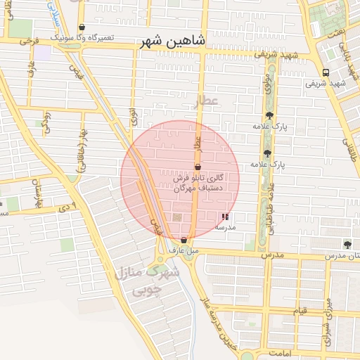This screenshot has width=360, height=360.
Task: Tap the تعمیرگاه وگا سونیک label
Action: (x=83, y=36)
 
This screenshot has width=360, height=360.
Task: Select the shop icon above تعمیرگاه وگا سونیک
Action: (x=83, y=27)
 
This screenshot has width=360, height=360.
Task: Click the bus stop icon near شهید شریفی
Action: (x=325, y=72)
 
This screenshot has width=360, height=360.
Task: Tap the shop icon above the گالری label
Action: (x=198, y=167)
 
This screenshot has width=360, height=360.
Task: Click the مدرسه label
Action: (x=224, y=227)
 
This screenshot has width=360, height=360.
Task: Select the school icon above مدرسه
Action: (x=224, y=217)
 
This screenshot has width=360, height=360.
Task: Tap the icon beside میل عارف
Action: (x=184, y=240)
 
